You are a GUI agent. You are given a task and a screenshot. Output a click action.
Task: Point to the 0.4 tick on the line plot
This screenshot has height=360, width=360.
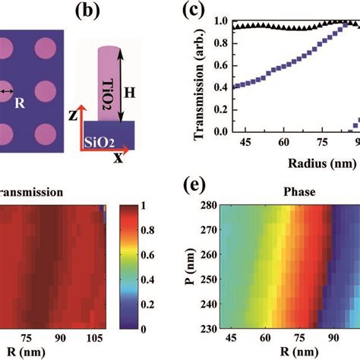click(x=223, y=87)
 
